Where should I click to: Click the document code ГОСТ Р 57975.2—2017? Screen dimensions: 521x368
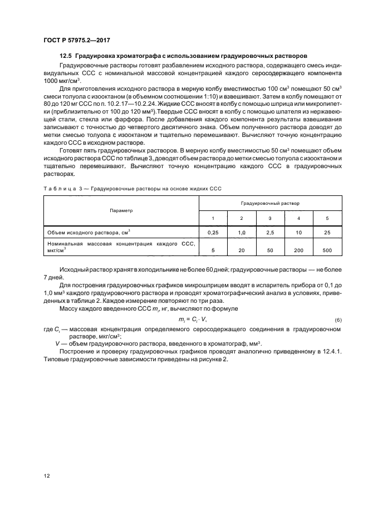coord(76,41)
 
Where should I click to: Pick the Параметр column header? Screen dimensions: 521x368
coord(121,210)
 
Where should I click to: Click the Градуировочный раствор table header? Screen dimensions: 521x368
coord(270,204)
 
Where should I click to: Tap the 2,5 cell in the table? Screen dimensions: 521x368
coord(270,232)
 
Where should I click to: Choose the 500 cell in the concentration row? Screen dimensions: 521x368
coord(327,250)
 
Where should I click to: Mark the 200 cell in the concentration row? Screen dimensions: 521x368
coord(298,250)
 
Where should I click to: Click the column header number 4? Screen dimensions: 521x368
coord(298,218)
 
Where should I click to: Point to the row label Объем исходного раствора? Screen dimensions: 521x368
coord(89,232)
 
